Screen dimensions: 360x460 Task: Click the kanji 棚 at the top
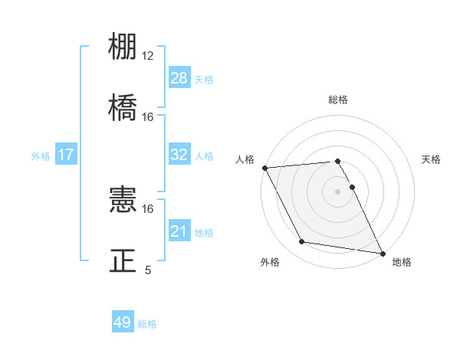click(123, 47)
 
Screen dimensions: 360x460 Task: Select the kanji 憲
click(123, 201)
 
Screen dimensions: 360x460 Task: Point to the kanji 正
click(123, 260)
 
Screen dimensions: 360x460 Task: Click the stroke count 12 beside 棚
click(147, 56)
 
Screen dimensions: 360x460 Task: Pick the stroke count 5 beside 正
click(148, 270)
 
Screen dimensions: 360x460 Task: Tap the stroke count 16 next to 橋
click(147, 117)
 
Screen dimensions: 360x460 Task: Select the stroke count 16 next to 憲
click(147, 208)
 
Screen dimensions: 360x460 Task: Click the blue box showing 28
click(179, 77)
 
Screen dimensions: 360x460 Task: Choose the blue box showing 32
click(179, 155)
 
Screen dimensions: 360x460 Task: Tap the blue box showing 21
click(179, 231)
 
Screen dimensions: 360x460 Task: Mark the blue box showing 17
click(65, 155)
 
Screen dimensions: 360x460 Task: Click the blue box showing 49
click(123, 322)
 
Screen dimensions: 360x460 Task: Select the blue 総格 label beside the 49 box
click(147, 324)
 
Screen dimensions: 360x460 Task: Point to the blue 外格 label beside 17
click(41, 156)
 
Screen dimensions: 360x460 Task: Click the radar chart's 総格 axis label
click(338, 100)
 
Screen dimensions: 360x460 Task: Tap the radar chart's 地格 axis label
click(402, 262)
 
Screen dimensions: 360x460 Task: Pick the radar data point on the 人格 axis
click(264, 168)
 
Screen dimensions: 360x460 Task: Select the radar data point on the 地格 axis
click(381, 252)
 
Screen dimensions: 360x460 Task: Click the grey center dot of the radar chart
click(338, 191)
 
